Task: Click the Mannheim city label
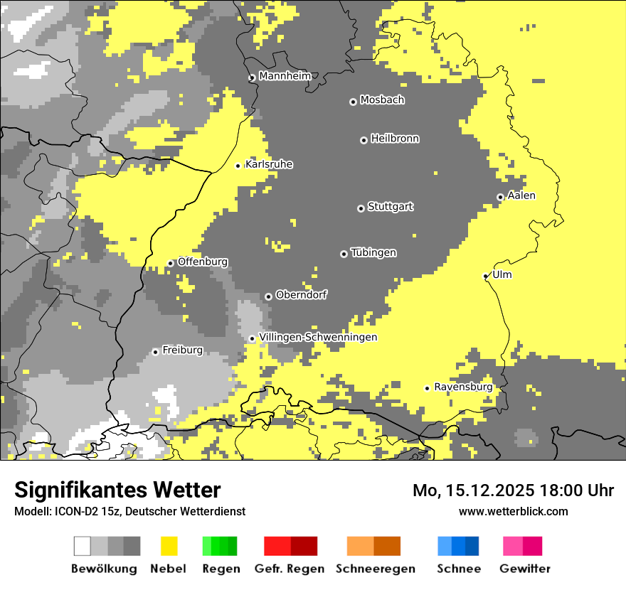pyautogui.click(x=285, y=75)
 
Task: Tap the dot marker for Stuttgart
pyautogui.click(x=361, y=208)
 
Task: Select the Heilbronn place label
pyautogui.click(x=395, y=139)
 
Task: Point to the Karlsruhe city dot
pyautogui.click(x=238, y=166)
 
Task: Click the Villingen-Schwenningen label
pyautogui.click(x=318, y=337)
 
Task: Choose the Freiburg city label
pyautogui.click(x=182, y=350)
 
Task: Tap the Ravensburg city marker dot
pyautogui.click(x=427, y=388)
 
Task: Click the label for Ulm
pyautogui.click(x=502, y=274)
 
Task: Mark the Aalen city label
pyautogui.click(x=521, y=195)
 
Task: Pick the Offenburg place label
pyautogui.click(x=203, y=262)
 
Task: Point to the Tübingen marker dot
pyautogui.click(x=344, y=254)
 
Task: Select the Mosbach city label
pyautogui.click(x=382, y=100)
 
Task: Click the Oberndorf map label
pyautogui.click(x=301, y=294)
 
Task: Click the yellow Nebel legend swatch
pyautogui.click(x=169, y=546)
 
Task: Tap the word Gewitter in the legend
pyautogui.click(x=525, y=569)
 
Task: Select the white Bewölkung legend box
pyautogui.click(x=83, y=546)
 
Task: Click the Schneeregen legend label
pyautogui.click(x=376, y=569)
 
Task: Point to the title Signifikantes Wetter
pyautogui.click(x=117, y=490)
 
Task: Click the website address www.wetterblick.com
pyautogui.click(x=513, y=511)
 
